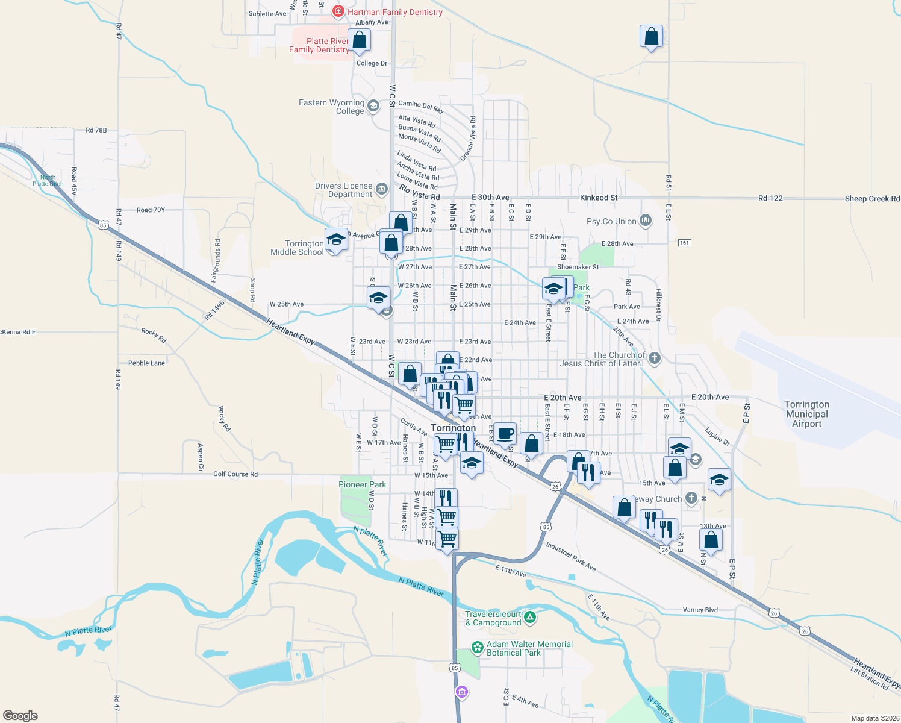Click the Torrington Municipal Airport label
click(806, 414)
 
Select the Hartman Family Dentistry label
click(394, 12)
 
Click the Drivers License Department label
click(343, 190)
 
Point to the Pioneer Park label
click(362, 484)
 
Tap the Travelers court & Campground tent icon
click(529, 617)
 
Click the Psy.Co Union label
click(611, 221)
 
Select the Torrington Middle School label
click(297, 248)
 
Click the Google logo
click(20, 715)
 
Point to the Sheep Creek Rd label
click(871, 199)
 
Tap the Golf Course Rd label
click(235, 474)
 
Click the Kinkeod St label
click(598, 198)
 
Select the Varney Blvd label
click(700, 610)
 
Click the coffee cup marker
click(505, 433)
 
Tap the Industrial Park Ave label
click(570, 556)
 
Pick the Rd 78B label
click(96, 130)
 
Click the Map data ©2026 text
click(873, 718)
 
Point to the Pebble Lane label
click(146, 363)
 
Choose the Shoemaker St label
click(578, 267)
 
